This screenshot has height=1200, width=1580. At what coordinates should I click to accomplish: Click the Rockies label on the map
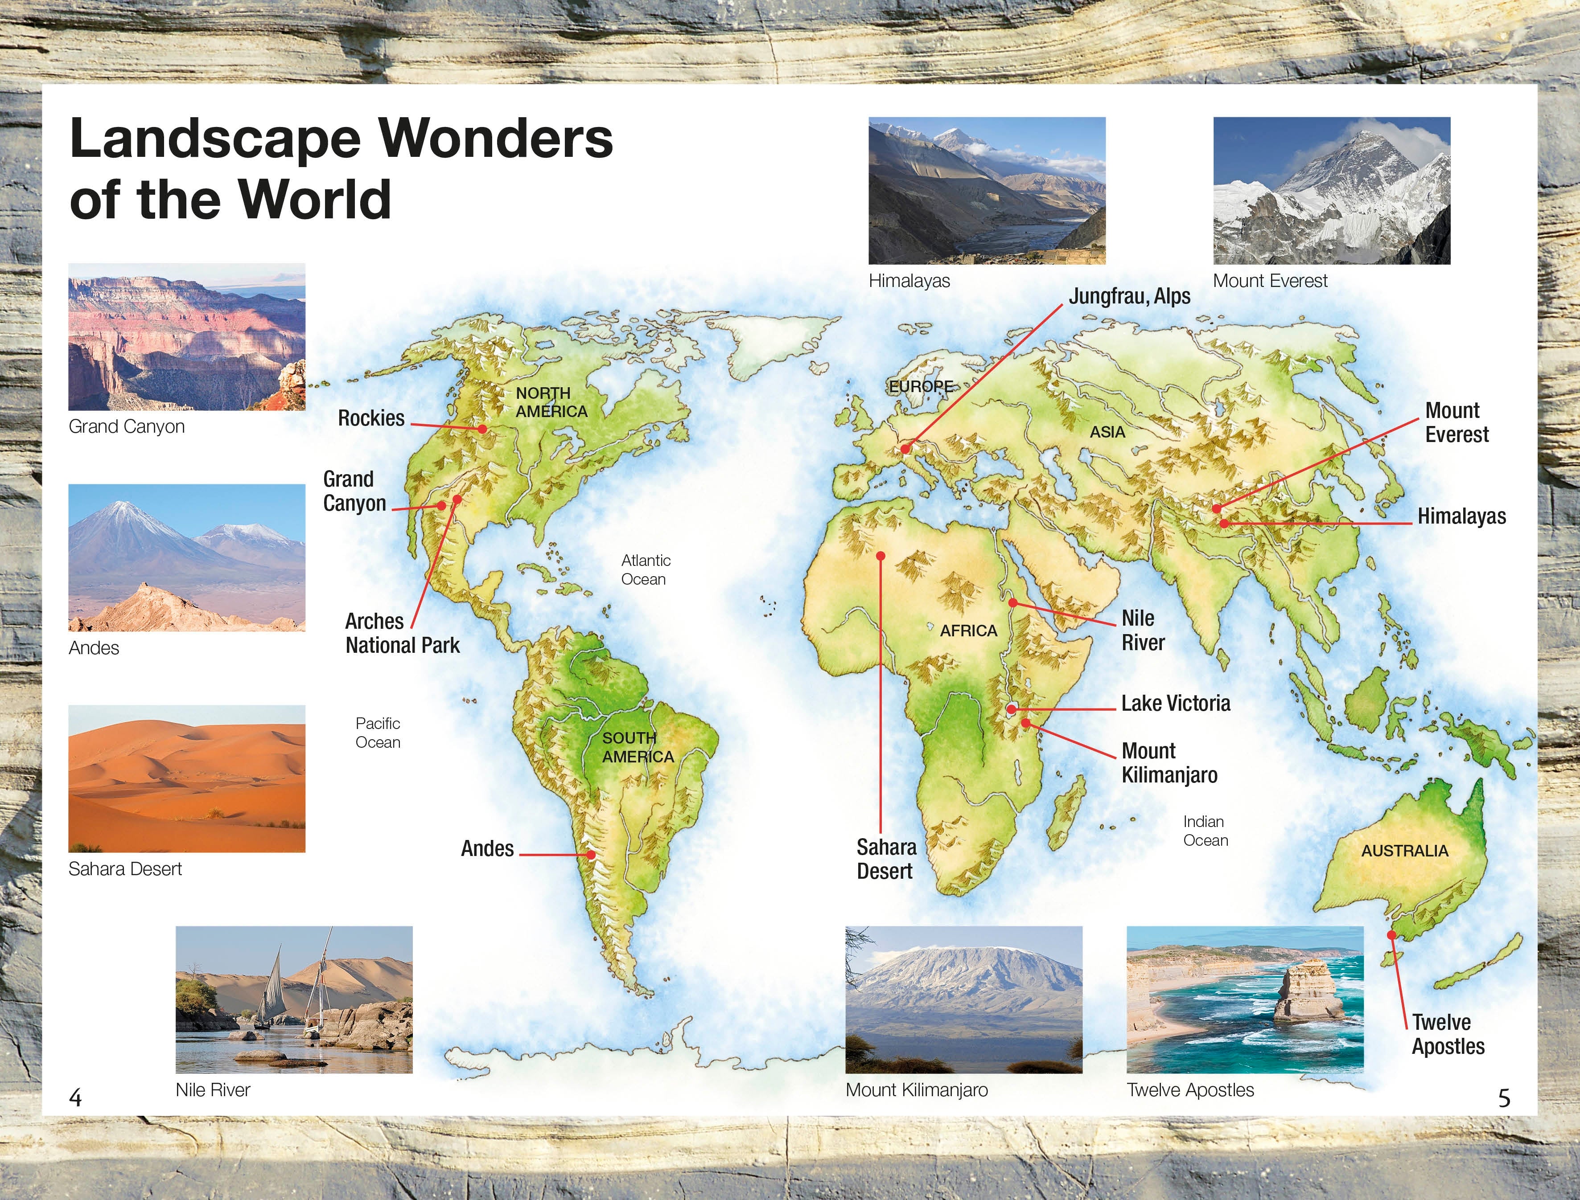[x=371, y=418]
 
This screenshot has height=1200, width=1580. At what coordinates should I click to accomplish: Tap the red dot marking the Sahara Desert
[x=881, y=556]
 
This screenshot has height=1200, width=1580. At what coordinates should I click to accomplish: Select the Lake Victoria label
[x=1176, y=704]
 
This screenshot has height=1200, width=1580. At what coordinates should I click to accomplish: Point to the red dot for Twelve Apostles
[x=1391, y=934]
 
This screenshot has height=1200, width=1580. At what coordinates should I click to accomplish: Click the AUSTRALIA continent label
[x=1404, y=851]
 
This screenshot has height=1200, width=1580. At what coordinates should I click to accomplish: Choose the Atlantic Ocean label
[x=645, y=569]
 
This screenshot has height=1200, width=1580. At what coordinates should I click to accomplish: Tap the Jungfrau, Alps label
[x=1129, y=296]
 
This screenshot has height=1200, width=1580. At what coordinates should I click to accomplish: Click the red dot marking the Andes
[x=591, y=854]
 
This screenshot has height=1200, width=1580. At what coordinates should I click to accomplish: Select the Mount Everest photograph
[x=1331, y=191]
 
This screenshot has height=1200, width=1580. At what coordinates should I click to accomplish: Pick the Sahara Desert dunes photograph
[x=186, y=778]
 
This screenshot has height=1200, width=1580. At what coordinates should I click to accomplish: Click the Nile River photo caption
[x=213, y=1090]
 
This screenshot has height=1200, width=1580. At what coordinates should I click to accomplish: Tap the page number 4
[x=75, y=1097]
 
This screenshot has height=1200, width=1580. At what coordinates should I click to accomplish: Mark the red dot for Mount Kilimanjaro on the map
[x=1025, y=723]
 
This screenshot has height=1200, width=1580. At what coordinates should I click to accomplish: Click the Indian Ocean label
[x=1206, y=831]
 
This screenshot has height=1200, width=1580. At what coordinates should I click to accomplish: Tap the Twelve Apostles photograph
[x=1245, y=999]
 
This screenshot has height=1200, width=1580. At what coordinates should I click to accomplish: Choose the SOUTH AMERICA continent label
[x=638, y=747]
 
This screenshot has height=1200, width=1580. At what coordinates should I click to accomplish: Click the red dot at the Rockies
[x=482, y=429]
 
